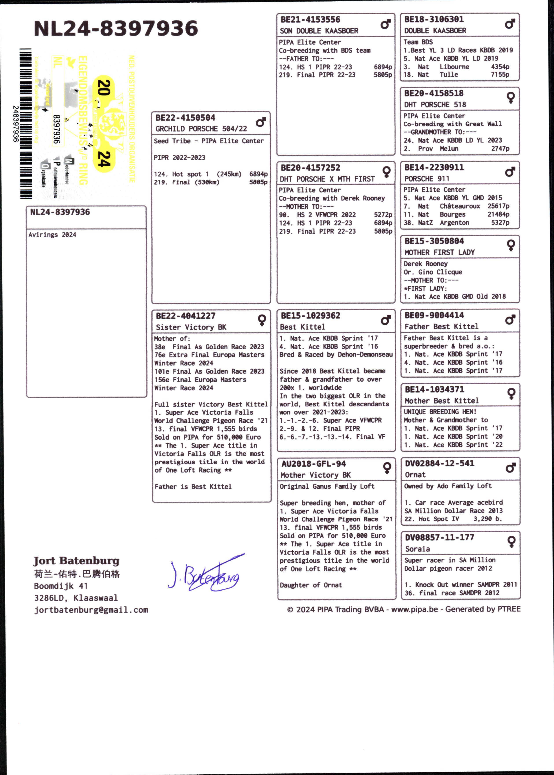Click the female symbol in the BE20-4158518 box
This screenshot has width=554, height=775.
coord(510,98)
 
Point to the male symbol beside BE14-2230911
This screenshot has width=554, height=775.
coord(510,172)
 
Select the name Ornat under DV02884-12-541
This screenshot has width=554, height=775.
coord(415,475)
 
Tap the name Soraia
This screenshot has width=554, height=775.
coord(417,549)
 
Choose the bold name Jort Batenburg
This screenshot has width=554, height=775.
coord(76,561)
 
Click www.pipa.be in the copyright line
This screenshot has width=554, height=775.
coord(414,609)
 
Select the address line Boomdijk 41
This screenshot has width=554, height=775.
coord(61,586)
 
